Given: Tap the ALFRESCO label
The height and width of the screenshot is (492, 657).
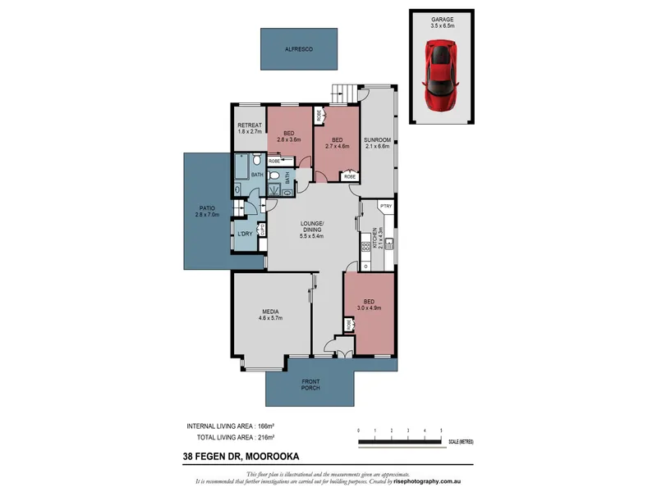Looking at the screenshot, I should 299,48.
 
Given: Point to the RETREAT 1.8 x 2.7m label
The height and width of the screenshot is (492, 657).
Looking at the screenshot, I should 249,128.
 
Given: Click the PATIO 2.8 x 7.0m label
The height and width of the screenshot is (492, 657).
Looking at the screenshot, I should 205,212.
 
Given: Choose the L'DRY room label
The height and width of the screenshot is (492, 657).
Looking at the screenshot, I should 245,235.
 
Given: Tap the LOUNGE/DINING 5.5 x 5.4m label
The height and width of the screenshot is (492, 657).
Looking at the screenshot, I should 312,231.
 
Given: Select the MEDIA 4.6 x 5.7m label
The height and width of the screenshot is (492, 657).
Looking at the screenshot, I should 271,315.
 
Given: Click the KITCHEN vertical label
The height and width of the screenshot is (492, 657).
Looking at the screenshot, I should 376,239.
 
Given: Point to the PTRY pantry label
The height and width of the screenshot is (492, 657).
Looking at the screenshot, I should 385,206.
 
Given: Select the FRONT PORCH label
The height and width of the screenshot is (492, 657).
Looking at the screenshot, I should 311,385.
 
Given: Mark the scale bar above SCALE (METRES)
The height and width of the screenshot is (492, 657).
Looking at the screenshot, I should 400,442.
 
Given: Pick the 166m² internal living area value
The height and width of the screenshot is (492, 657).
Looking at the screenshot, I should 264,427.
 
